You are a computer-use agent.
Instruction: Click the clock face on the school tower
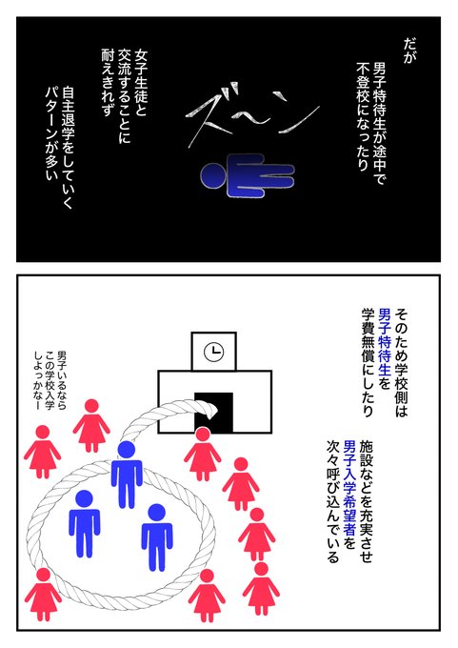click(x=213, y=353)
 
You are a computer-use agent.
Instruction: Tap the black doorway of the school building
click(x=213, y=412)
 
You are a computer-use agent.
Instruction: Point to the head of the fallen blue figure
click(x=212, y=175)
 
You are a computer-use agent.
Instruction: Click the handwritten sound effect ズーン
click(x=252, y=114)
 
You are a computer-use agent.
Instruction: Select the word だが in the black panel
click(x=408, y=51)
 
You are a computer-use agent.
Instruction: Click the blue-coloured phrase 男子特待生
click(x=384, y=342)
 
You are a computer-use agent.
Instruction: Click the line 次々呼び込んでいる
click(x=332, y=501)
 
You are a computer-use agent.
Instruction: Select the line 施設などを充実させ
click(x=367, y=501)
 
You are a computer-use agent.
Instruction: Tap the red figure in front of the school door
click(x=203, y=455)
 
